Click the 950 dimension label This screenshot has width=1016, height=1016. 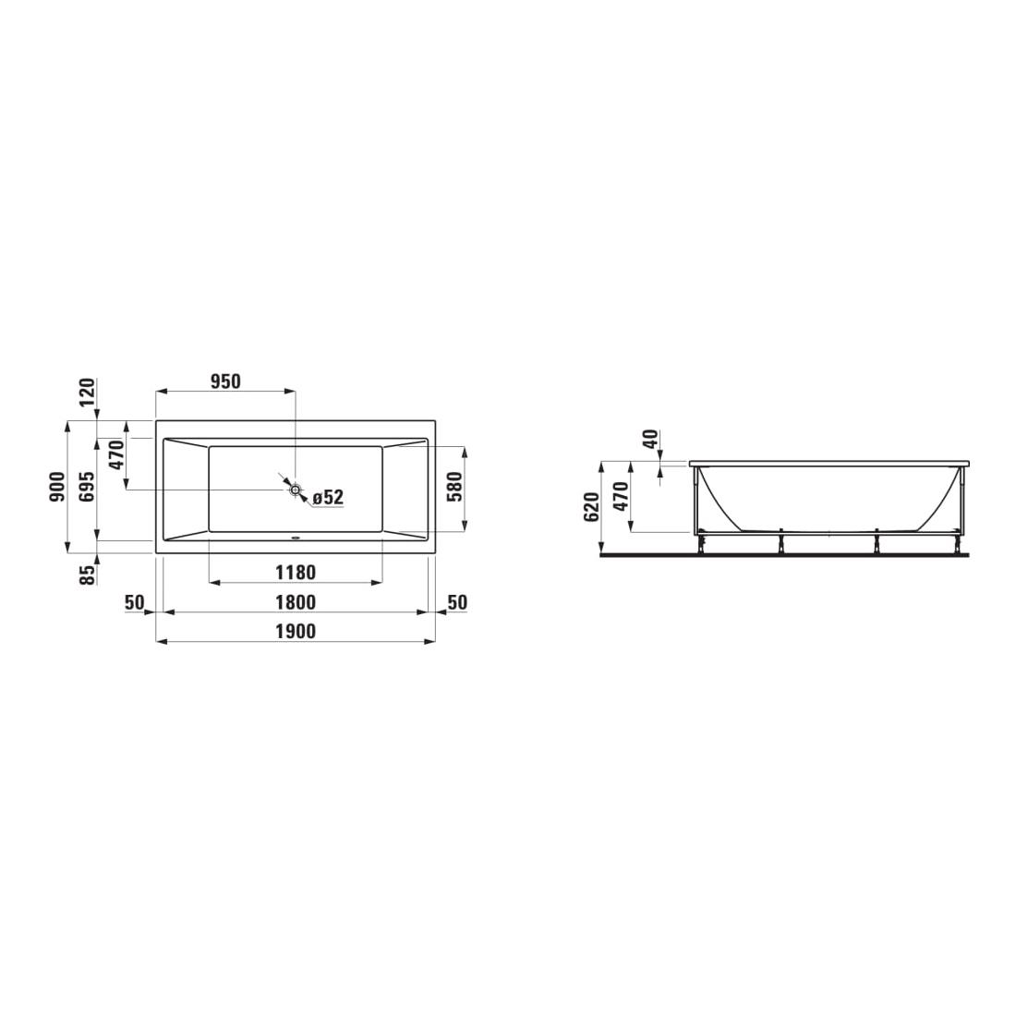pyautogui.click(x=225, y=381)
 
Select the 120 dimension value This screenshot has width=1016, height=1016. pyautogui.click(x=88, y=393)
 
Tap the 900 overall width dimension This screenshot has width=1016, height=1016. pyautogui.click(x=56, y=486)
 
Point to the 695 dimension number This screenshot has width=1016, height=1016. pyautogui.click(x=87, y=486)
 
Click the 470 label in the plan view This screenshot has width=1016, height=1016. pyautogui.click(x=117, y=456)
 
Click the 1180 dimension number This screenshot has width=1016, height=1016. pyautogui.click(x=296, y=573)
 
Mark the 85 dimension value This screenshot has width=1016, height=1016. pyautogui.click(x=88, y=575)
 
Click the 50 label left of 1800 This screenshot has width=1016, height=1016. pyautogui.click(x=135, y=603)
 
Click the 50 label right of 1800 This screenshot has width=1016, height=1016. pyautogui.click(x=456, y=603)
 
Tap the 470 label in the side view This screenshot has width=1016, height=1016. pyautogui.click(x=622, y=498)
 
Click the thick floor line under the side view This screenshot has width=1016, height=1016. pyautogui.click(x=785, y=556)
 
